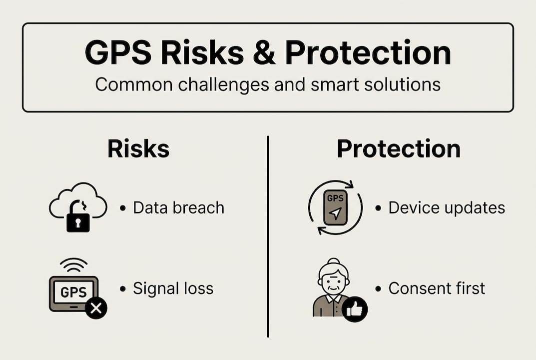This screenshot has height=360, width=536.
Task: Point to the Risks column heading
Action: click(138, 149)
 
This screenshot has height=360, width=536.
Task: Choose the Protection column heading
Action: click(399, 149)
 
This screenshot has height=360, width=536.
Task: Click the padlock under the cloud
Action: click(78, 220)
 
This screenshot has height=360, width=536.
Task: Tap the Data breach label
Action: click(178, 207)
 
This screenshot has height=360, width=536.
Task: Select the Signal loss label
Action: click(173, 288)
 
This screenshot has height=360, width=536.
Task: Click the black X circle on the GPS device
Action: click(96, 308)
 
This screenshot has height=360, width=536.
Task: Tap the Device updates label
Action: click(446, 207)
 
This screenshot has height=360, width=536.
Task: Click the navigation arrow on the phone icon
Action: click(336, 214)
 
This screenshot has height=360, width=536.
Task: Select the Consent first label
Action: click(437, 288)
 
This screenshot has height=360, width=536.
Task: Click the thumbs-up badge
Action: click(355, 309)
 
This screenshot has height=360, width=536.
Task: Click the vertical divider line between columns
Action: click(268, 235)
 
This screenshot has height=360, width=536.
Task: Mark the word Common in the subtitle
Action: click(126, 84)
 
